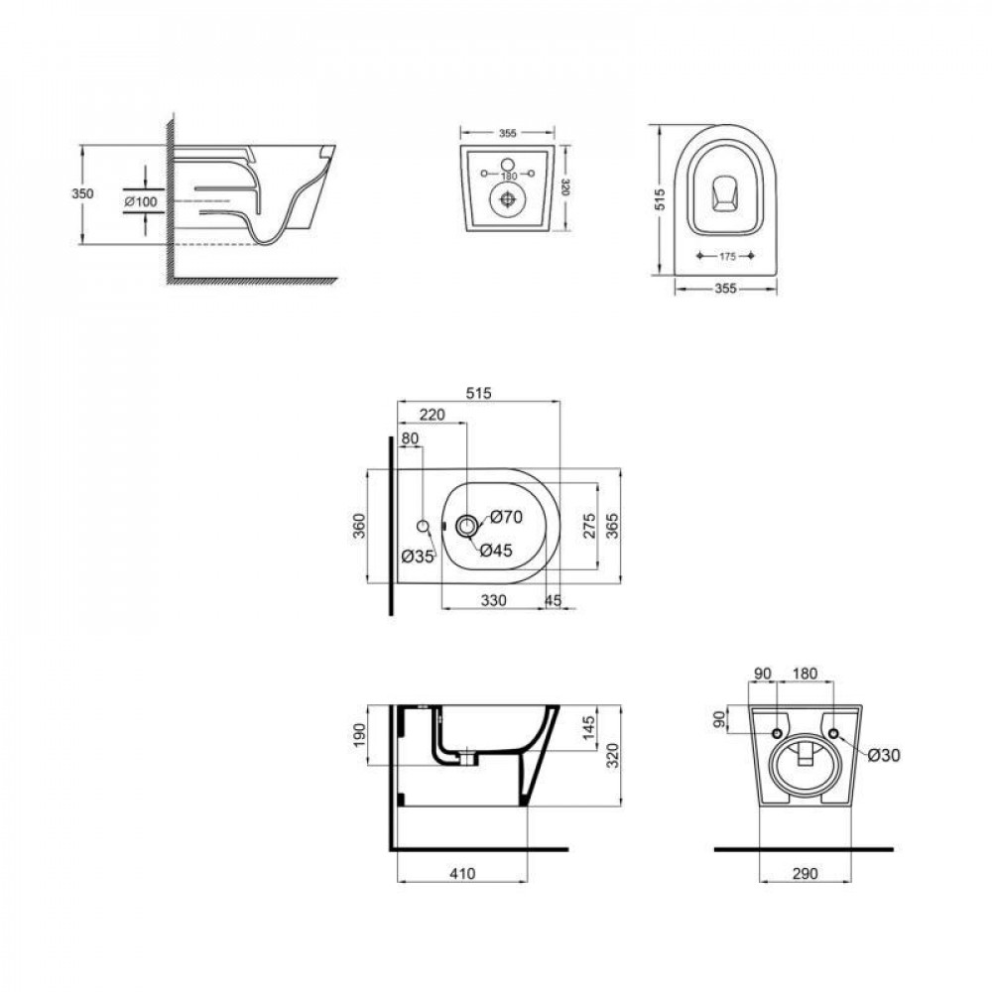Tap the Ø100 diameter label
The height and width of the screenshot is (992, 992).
141,202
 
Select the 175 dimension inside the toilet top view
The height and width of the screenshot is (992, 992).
727,256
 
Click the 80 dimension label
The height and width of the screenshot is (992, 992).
410,438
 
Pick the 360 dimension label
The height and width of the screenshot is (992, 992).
359,526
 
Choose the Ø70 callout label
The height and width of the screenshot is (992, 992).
506,516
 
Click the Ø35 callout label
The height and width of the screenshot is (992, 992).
418,557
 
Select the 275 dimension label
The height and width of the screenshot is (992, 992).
587,526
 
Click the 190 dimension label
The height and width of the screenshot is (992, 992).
359,736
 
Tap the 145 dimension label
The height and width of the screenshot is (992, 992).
587,728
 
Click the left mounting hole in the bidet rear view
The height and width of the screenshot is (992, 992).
777,734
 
